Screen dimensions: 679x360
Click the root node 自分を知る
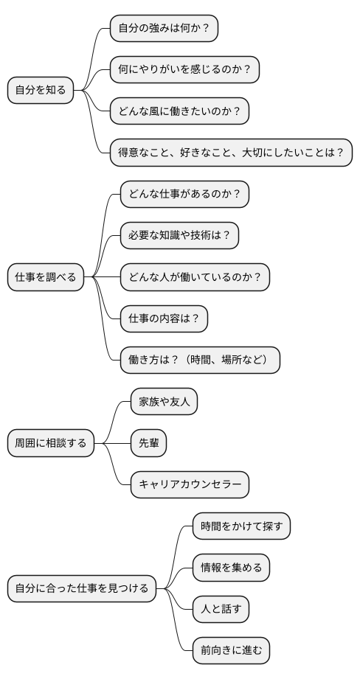41,91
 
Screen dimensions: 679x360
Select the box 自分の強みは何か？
164,29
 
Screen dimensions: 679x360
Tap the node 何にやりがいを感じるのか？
184,70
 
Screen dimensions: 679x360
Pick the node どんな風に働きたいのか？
179,111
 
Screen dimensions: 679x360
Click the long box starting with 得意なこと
231,153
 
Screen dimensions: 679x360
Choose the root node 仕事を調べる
46,277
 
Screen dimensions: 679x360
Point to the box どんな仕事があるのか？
184,195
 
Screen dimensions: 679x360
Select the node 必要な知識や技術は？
179,236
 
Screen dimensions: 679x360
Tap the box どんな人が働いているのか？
195,277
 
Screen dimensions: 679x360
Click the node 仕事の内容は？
164,318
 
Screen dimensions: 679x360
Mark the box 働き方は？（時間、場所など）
200,360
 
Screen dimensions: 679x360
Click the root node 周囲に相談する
51,443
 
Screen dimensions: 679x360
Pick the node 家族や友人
164,402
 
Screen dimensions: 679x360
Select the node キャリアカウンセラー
190,484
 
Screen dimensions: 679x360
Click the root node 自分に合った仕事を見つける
82,588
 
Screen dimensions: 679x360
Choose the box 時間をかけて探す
241,526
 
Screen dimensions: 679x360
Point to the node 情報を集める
231,568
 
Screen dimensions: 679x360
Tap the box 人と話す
221,609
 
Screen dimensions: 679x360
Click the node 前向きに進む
231,650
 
